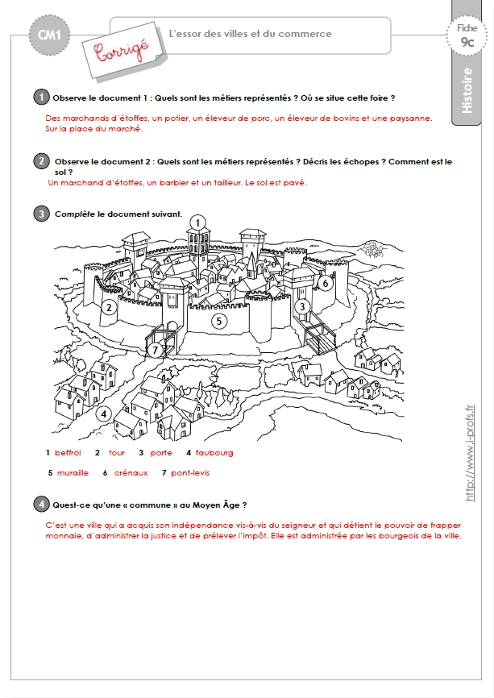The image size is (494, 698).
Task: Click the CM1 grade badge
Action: [49, 35]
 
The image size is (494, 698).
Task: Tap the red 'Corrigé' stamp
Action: [122, 50]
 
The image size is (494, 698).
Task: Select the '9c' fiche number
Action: [467, 42]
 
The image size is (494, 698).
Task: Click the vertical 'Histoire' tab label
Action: [467, 90]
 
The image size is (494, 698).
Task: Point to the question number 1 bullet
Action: [41, 97]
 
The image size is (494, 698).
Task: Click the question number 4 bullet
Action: [41, 504]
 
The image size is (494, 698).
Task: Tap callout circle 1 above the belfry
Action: [197, 222]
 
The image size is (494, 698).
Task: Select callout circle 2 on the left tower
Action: [109, 307]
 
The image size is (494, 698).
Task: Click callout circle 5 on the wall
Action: [219, 321]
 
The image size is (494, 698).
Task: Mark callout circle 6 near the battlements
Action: [326, 283]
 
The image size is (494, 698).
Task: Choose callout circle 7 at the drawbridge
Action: [155, 351]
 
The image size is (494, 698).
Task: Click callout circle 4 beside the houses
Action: [104, 414]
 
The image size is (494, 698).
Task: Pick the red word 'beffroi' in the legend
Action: [68, 453]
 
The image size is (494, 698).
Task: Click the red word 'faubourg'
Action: [214, 453]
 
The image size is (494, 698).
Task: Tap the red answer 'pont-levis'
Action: [190, 473]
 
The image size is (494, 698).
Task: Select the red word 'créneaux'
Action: [131, 473]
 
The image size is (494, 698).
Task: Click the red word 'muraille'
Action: [73, 473]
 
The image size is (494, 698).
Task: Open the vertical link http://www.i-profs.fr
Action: [470, 453]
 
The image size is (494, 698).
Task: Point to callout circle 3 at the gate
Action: [303, 307]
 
